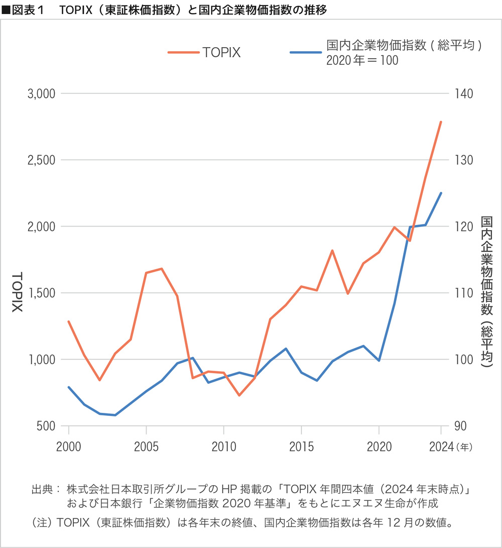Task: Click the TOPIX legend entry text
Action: (x=221, y=53)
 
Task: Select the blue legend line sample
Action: (x=304, y=53)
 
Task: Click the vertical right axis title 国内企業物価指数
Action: (x=486, y=266)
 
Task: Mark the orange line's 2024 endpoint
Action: (x=441, y=122)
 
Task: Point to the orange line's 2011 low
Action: (x=239, y=395)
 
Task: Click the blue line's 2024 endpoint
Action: (x=441, y=193)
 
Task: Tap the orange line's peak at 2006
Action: (x=161, y=269)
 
